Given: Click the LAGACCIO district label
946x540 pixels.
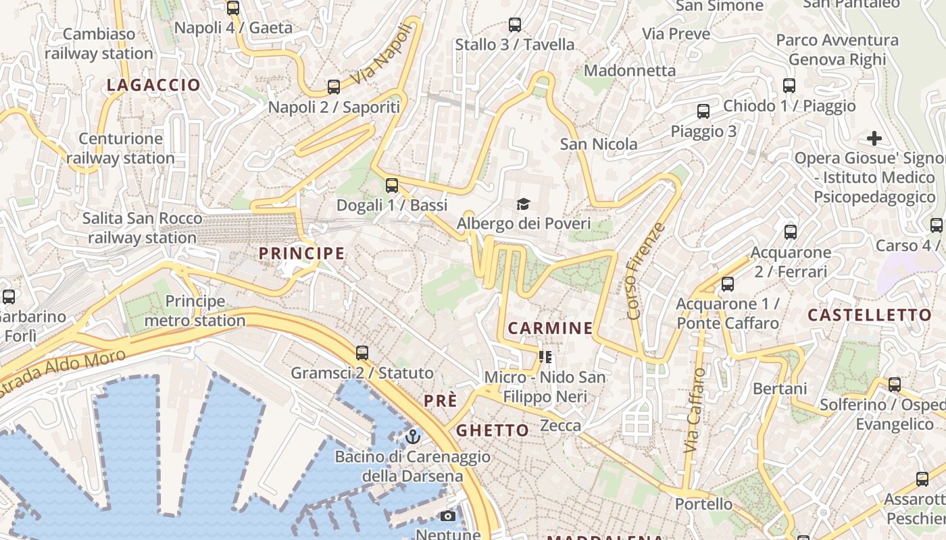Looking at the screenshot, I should [153, 85].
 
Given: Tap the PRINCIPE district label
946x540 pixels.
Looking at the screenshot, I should [302, 254].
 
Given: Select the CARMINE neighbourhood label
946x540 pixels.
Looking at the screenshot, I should [550, 329].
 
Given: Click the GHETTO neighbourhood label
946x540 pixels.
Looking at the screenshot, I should [493, 431].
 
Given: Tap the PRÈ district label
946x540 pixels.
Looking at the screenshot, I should [441, 401].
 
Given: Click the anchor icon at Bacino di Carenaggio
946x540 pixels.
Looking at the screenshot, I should [412, 437].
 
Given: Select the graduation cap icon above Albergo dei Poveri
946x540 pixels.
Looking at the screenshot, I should [523, 204].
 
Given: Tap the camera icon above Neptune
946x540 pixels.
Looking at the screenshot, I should [447, 516].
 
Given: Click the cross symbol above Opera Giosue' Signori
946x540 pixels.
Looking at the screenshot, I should [874, 139].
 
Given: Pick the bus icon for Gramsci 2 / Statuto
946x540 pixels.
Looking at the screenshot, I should [362, 353].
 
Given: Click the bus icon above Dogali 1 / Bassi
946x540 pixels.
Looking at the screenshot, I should [392, 186].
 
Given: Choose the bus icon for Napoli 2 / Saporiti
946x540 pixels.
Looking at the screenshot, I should [334, 87].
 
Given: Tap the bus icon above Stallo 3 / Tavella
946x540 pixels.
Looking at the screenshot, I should [515, 26].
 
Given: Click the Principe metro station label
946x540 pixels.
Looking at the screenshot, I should [195, 310].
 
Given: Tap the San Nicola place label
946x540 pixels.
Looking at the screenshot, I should [599, 144].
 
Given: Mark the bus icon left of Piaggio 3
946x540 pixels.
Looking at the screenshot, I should [703, 111].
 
